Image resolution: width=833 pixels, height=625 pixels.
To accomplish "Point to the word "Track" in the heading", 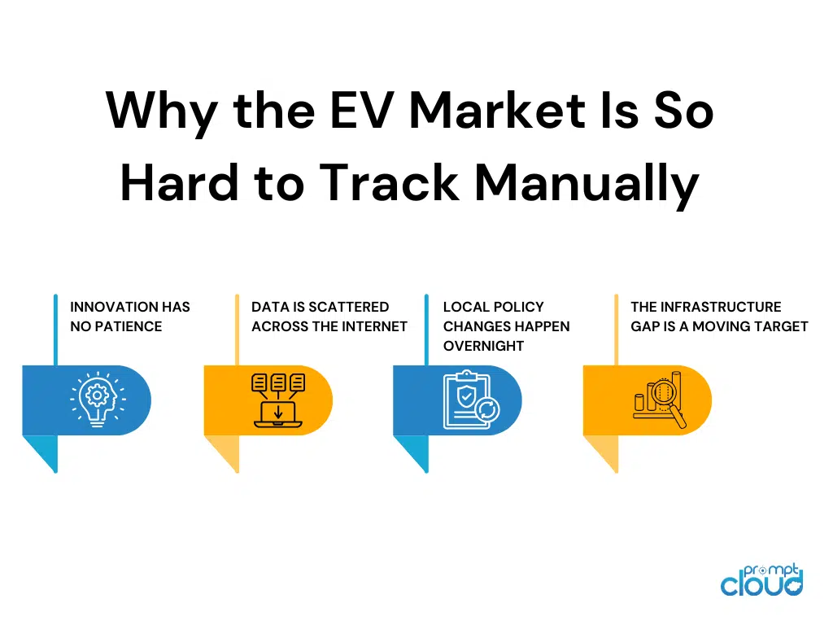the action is pos(390,182).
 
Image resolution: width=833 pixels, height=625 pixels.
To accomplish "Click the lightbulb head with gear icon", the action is pos(98,400).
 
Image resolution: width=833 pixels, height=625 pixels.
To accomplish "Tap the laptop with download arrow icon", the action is pos(278,400).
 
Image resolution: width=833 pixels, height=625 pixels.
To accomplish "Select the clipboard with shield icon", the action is pos(471,400).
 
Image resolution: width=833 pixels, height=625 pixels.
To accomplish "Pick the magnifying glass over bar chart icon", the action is pos(660,400).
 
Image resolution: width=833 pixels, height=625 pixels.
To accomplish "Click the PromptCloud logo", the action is pos(761,579).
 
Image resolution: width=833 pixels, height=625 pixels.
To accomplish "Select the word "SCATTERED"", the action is pos(348,307).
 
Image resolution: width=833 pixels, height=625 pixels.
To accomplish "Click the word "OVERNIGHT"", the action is pos(483,346).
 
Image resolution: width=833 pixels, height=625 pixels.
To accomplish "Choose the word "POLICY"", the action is pos(518,307).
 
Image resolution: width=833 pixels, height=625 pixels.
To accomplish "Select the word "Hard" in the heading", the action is pos(180,182).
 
